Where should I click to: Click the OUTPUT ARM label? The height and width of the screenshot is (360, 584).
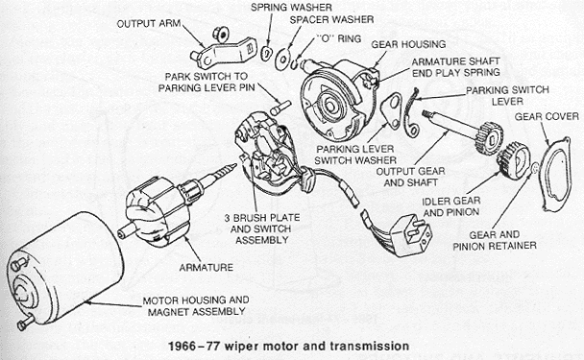[149, 24]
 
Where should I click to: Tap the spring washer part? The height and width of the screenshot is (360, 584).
[266, 53]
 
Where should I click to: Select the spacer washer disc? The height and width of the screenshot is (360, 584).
[282, 59]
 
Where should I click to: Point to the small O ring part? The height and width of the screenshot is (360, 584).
[294, 63]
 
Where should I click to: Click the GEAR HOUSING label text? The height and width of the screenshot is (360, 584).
[408, 44]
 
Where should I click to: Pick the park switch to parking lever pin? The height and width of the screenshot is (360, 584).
[279, 108]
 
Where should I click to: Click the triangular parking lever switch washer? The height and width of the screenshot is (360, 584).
[391, 111]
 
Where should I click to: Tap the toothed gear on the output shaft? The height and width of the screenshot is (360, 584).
[490, 137]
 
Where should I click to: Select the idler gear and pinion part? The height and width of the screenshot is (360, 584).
[514, 161]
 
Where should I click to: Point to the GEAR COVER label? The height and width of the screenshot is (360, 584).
[547, 117]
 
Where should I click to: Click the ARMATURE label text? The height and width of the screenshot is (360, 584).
[207, 267]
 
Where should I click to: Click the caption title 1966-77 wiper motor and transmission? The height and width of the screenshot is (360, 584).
[289, 347]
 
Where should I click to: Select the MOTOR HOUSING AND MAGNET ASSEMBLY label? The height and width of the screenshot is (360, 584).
[196, 305]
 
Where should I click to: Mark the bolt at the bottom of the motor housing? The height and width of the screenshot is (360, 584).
[25, 323]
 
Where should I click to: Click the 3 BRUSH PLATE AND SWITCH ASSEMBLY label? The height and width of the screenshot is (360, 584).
[262, 228]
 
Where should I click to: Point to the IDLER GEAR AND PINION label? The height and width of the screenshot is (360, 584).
[451, 207]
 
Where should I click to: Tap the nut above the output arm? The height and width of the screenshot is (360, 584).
[220, 35]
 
